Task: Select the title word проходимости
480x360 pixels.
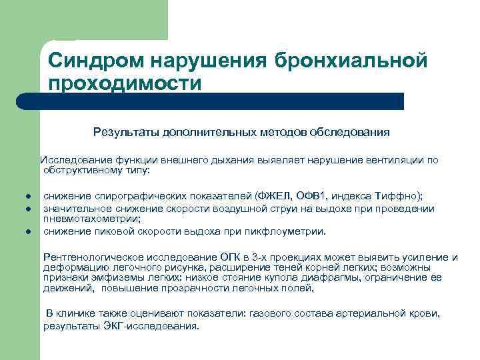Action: coord(124,83)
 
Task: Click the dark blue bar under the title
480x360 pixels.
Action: coord(220,101)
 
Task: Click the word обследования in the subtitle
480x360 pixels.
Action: coord(351,132)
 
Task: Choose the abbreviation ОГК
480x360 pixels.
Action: coord(232,257)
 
